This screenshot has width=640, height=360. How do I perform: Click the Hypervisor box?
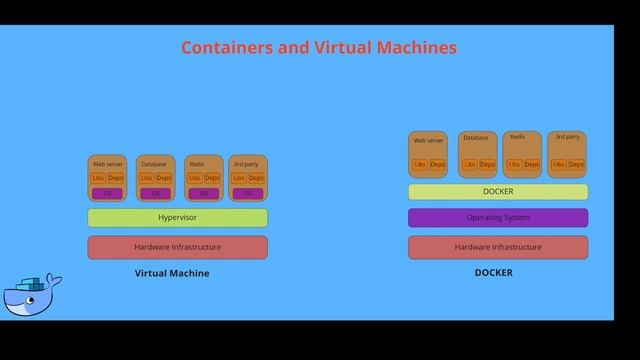point(177,217)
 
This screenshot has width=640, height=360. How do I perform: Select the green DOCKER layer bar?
point(498,191)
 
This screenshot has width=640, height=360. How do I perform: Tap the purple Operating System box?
point(498,217)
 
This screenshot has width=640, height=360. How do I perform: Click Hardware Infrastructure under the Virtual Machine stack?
point(177,247)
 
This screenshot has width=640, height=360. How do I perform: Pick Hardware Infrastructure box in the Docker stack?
point(498,247)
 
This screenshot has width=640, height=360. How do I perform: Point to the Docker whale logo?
point(32,294)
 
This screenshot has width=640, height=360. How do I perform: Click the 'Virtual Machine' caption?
point(172,273)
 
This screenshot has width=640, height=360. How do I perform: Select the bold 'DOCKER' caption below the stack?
point(493,273)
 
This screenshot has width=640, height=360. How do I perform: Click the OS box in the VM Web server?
point(107,193)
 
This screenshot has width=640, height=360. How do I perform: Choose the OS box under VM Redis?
point(204,193)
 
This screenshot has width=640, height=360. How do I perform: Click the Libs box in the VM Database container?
point(146,178)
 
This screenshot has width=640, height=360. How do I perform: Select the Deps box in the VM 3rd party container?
point(257,178)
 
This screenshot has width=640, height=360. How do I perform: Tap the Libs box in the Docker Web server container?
point(420,164)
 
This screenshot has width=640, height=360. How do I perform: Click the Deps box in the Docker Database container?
point(487,164)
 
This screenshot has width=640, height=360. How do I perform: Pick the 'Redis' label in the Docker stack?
point(517,137)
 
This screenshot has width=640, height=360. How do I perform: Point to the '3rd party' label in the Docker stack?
point(567,137)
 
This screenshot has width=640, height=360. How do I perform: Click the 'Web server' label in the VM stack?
point(107,163)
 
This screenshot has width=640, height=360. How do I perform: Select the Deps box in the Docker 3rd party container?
point(576,164)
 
